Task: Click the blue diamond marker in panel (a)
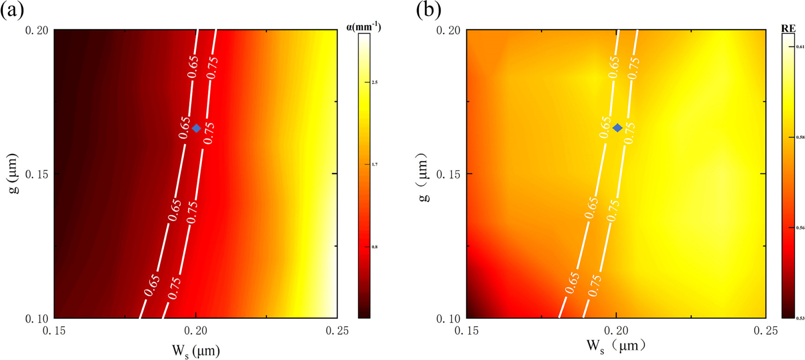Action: point(196,128)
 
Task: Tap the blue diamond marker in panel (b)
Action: point(618,127)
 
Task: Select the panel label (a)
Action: point(12,10)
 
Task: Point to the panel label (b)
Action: point(428,10)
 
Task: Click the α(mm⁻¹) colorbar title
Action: point(364,27)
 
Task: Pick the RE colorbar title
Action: point(788,28)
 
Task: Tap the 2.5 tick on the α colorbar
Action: point(374,82)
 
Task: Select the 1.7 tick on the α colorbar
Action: point(374,165)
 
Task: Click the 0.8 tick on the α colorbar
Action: point(374,247)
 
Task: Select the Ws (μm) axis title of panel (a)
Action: point(196,350)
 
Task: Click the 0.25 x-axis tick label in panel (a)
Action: point(337,331)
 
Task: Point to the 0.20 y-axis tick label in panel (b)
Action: point(448,30)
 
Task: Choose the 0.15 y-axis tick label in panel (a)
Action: point(36,174)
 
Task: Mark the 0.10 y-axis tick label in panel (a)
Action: point(36,319)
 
